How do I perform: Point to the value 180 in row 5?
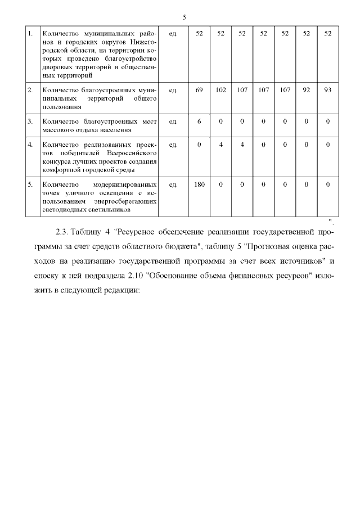click(199, 184)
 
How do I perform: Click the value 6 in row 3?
click(199, 120)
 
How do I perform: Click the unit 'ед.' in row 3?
click(174, 120)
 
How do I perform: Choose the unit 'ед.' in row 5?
click(174, 184)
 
